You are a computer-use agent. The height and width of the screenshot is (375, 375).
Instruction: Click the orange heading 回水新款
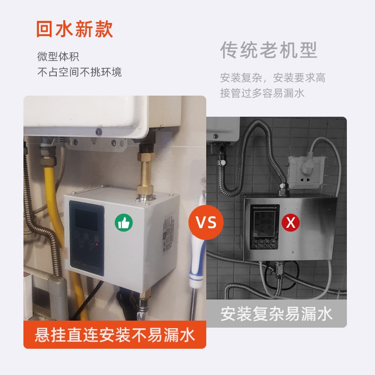coord(75,29)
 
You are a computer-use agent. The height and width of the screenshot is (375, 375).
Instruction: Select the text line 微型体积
coord(58,57)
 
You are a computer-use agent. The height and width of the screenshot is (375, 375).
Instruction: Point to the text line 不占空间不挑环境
coord(79,72)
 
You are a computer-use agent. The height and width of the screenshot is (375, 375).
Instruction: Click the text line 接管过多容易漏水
coord(262,93)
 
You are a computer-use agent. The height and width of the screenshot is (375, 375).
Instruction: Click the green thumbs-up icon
coord(124,223)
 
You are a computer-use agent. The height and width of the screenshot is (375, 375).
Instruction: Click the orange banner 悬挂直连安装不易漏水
coord(115,335)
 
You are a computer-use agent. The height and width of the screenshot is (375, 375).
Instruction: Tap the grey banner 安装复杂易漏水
coord(277,314)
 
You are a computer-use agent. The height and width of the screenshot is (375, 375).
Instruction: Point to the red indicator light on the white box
coord(96,244)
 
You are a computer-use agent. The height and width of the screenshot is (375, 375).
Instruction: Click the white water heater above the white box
coord(103,115)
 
